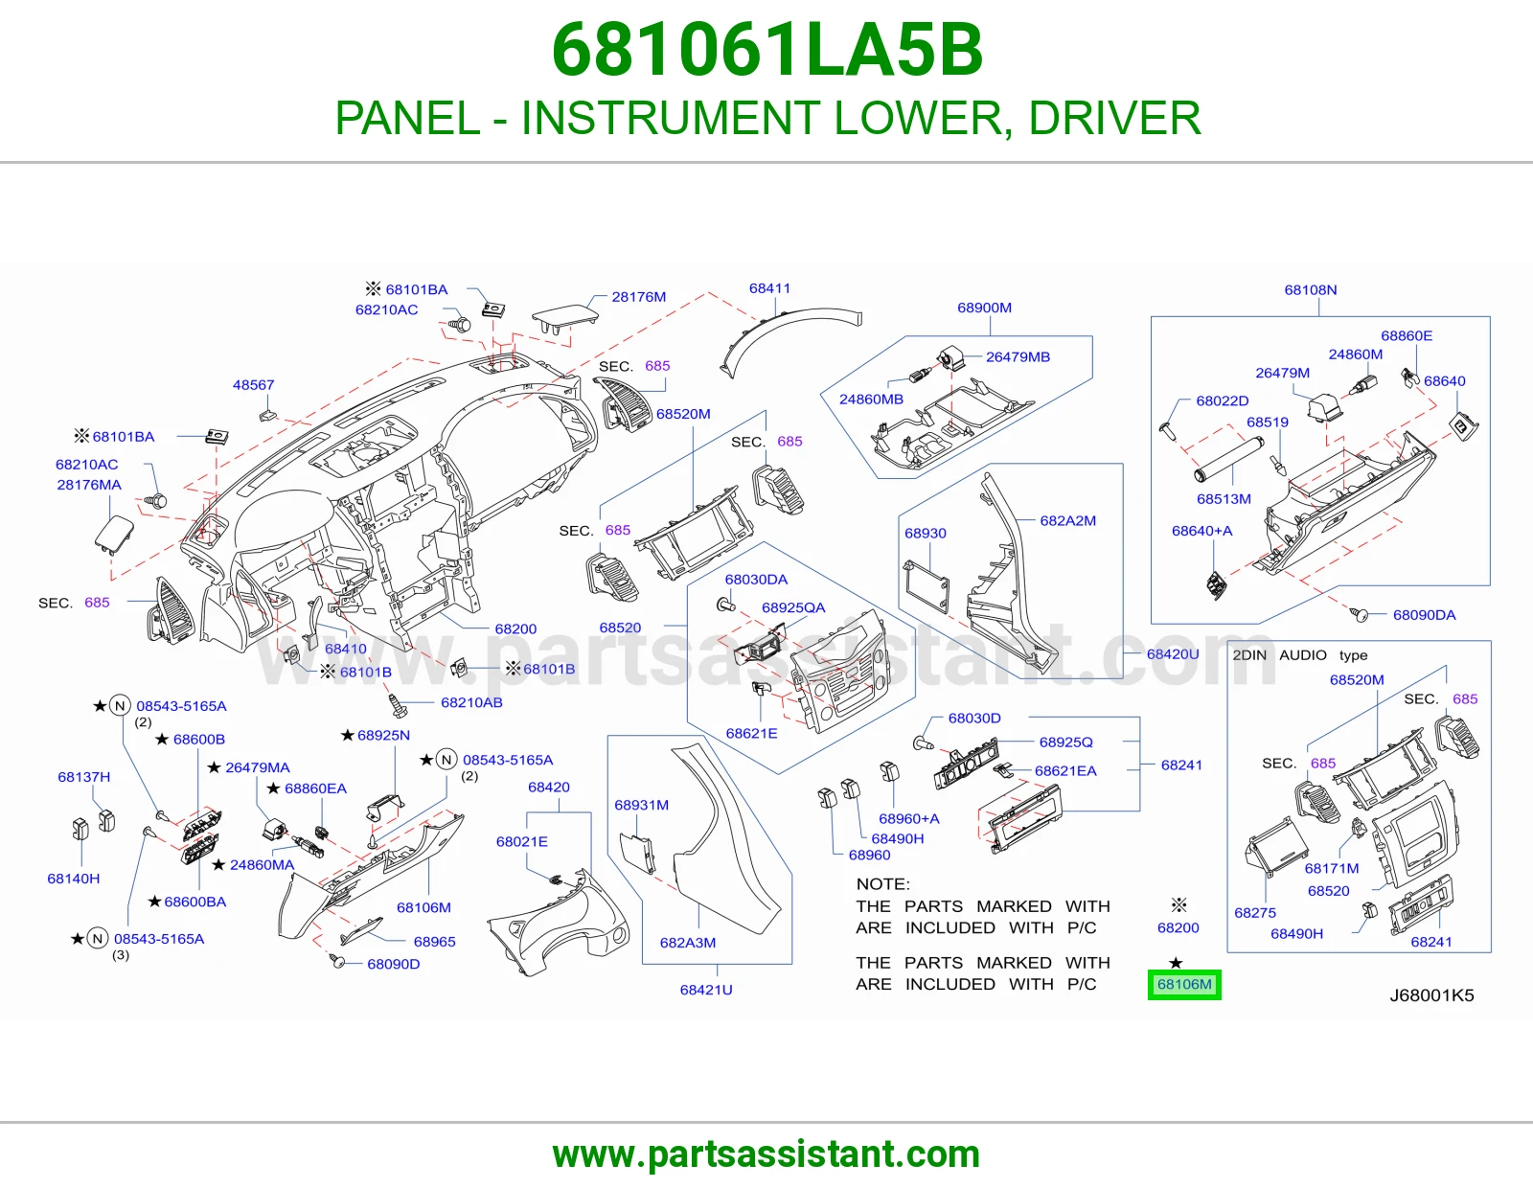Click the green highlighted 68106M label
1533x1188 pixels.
(1184, 984)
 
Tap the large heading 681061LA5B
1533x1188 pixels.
(766, 50)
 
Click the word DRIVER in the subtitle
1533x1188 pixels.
(1114, 118)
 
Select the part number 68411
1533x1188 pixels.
(769, 288)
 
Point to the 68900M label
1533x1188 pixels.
(984, 308)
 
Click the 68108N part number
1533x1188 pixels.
(1310, 290)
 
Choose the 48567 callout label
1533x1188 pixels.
(253, 385)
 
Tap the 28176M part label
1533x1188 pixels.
(638, 297)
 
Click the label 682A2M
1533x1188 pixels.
(1068, 520)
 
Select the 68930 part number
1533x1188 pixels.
(926, 534)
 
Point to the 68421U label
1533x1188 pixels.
(706, 990)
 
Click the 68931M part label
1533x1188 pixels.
(641, 805)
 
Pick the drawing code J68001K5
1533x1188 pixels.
(1431, 995)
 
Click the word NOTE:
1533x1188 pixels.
(883, 884)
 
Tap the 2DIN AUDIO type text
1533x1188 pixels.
(1299, 655)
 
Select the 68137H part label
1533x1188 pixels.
(84, 777)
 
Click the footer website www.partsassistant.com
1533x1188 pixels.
(766, 1154)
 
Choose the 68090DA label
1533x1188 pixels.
(1424, 615)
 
